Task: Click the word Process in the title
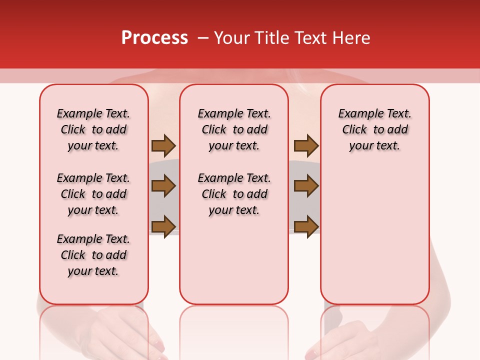pyautogui.click(x=154, y=38)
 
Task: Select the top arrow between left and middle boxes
pyautogui.click(x=163, y=146)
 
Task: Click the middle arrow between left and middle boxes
pyautogui.click(x=163, y=186)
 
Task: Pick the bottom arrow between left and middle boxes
pyautogui.click(x=163, y=226)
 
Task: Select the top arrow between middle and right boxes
pyautogui.click(x=306, y=146)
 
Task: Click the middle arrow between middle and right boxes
pyautogui.click(x=306, y=186)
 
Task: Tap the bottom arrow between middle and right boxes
pyautogui.click(x=306, y=226)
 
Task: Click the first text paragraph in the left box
pyautogui.click(x=93, y=129)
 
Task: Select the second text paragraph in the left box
pyautogui.click(x=93, y=194)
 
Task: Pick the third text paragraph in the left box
pyautogui.click(x=93, y=255)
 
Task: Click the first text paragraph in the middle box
pyautogui.click(x=234, y=129)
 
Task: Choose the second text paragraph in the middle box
pyautogui.click(x=234, y=194)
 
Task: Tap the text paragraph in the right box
pyautogui.click(x=374, y=129)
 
